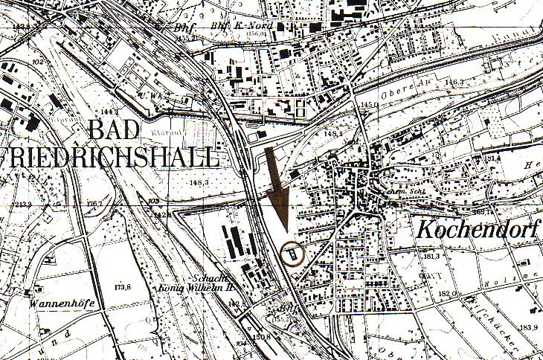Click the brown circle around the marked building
click(294, 254)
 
